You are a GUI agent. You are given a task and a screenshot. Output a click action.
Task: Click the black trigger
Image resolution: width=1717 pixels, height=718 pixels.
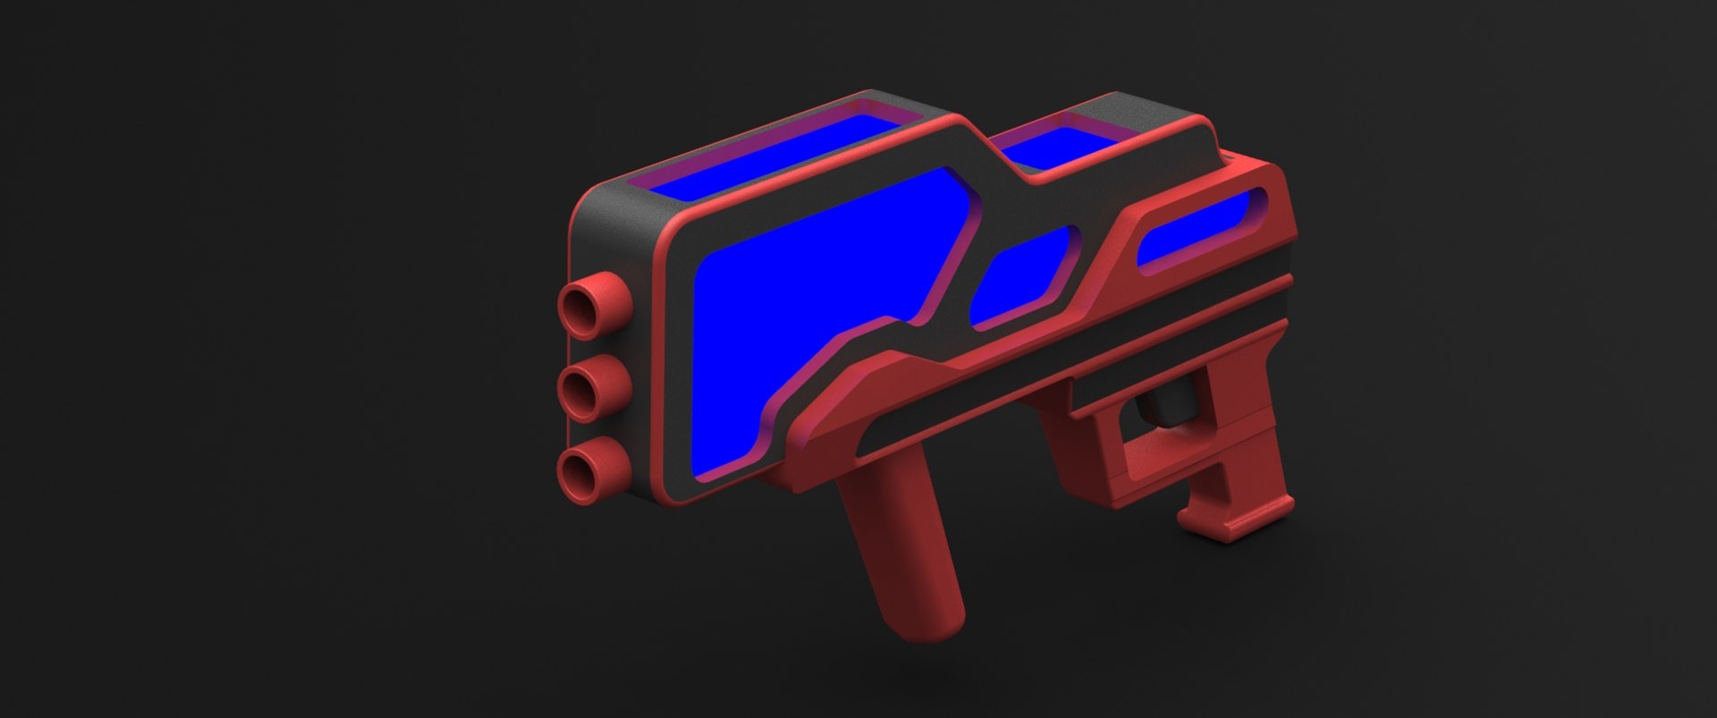point(1167,402)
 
